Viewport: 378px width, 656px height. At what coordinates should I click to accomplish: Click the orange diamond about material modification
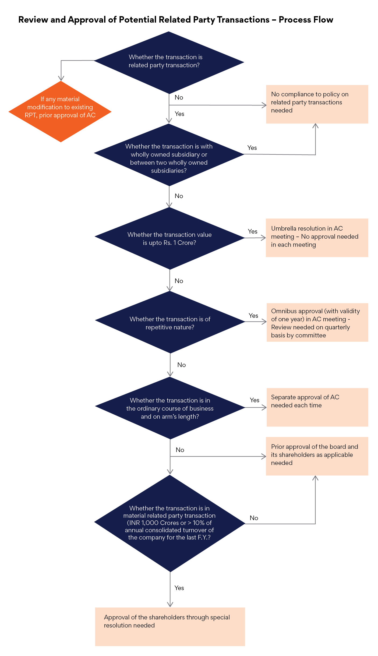point(60,111)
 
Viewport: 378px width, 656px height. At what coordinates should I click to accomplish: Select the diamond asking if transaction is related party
point(169,62)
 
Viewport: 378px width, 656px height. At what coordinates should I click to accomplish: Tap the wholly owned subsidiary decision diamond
point(169,155)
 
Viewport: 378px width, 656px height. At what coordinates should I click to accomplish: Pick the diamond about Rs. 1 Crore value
point(169,238)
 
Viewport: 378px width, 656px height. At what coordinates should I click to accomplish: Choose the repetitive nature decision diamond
point(170,322)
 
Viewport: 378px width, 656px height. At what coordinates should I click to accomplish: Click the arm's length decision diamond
point(170,408)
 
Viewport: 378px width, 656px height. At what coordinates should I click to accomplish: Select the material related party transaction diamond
point(170,523)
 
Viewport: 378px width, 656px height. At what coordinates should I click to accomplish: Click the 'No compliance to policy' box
point(317,104)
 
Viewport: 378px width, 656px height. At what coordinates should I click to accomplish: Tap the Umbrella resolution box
point(317,238)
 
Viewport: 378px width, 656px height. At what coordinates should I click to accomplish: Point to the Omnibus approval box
point(317,322)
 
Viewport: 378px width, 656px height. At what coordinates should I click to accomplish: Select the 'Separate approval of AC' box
point(317,407)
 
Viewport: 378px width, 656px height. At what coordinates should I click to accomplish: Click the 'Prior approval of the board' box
point(317,456)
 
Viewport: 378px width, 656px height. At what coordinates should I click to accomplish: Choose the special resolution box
point(170,627)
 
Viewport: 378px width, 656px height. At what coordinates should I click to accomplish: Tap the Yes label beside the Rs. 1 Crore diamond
point(253,231)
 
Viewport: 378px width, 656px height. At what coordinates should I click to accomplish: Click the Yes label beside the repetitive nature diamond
point(253,316)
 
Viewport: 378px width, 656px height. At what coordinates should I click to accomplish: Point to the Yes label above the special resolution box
point(179,588)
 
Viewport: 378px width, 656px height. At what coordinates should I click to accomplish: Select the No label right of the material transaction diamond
point(254,518)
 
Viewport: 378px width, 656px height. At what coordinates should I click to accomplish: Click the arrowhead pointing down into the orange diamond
point(61,78)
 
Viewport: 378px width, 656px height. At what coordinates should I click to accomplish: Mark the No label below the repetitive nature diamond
point(182,365)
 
